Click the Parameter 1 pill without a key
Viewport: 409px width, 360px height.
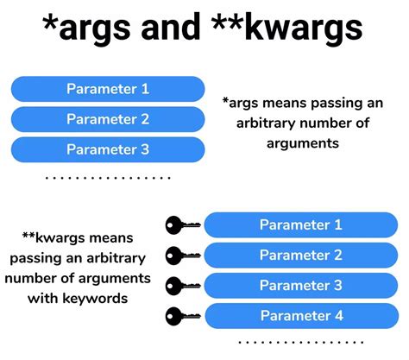click(x=108, y=88)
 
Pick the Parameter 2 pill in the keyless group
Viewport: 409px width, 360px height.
click(x=108, y=119)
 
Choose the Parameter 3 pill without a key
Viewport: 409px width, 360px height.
click(x=108, y=149)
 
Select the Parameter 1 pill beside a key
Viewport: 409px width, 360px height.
click(x=301, y=225)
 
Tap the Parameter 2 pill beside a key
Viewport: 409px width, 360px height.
click(x=301, y=256)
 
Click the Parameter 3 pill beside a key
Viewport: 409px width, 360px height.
click(x=301, y=286)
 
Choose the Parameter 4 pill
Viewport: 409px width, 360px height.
click(x=301, y=316)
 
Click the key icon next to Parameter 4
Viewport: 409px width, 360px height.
click(x=182, y=316)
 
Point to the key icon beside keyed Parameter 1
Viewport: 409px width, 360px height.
click(x=182, y=226)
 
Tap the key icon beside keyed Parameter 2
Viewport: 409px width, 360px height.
click(x=182, y=256)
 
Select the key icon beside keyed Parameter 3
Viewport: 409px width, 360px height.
click(x=182, y=286)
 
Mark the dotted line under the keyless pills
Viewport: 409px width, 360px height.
click(x=107, y=178)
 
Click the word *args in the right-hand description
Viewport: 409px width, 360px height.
click(x=243, y=104)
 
